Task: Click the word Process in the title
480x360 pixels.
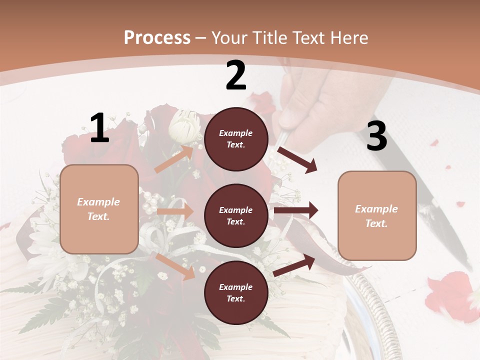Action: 157,38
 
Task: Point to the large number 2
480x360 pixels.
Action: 236,76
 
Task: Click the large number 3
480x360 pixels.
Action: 376,136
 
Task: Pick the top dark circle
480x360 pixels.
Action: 236,139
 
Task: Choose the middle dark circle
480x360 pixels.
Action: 236,215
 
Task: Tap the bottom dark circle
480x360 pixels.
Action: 236,292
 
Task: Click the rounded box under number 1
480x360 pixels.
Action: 99,209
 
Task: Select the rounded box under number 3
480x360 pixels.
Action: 377,215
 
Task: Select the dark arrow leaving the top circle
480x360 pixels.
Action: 297,159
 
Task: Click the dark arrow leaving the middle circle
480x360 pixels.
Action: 296,210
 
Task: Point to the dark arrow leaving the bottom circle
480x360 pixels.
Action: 294,265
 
